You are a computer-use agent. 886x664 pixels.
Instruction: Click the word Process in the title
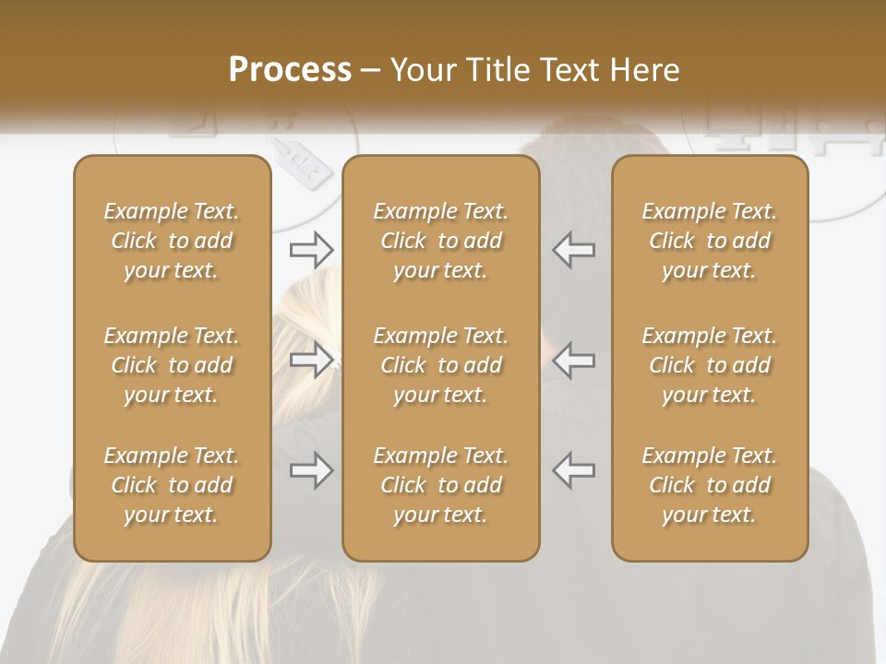tap(290, 70)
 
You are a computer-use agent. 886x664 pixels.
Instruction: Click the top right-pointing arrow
tap(312, 249)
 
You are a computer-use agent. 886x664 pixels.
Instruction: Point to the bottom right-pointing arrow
tap(312, 470)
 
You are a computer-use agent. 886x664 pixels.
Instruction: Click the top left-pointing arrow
tap(574, 249)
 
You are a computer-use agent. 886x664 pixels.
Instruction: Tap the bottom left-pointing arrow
tap(574, 470)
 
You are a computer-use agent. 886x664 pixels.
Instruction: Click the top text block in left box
tap(172, 241)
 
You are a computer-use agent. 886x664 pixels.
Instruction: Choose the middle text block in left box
tap(172, 365)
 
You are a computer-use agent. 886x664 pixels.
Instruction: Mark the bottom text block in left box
tap(172, 485)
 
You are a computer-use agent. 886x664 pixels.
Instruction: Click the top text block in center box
tap(441, 241)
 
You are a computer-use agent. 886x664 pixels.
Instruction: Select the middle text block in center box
tap(441, 365)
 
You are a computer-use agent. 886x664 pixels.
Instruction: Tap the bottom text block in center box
tap(441, 485)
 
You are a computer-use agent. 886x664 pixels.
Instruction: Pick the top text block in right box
tap(710, 241)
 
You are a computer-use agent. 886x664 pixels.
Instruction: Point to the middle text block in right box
tap(710, 365)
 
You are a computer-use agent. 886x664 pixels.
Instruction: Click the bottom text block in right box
tap(710, 485)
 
